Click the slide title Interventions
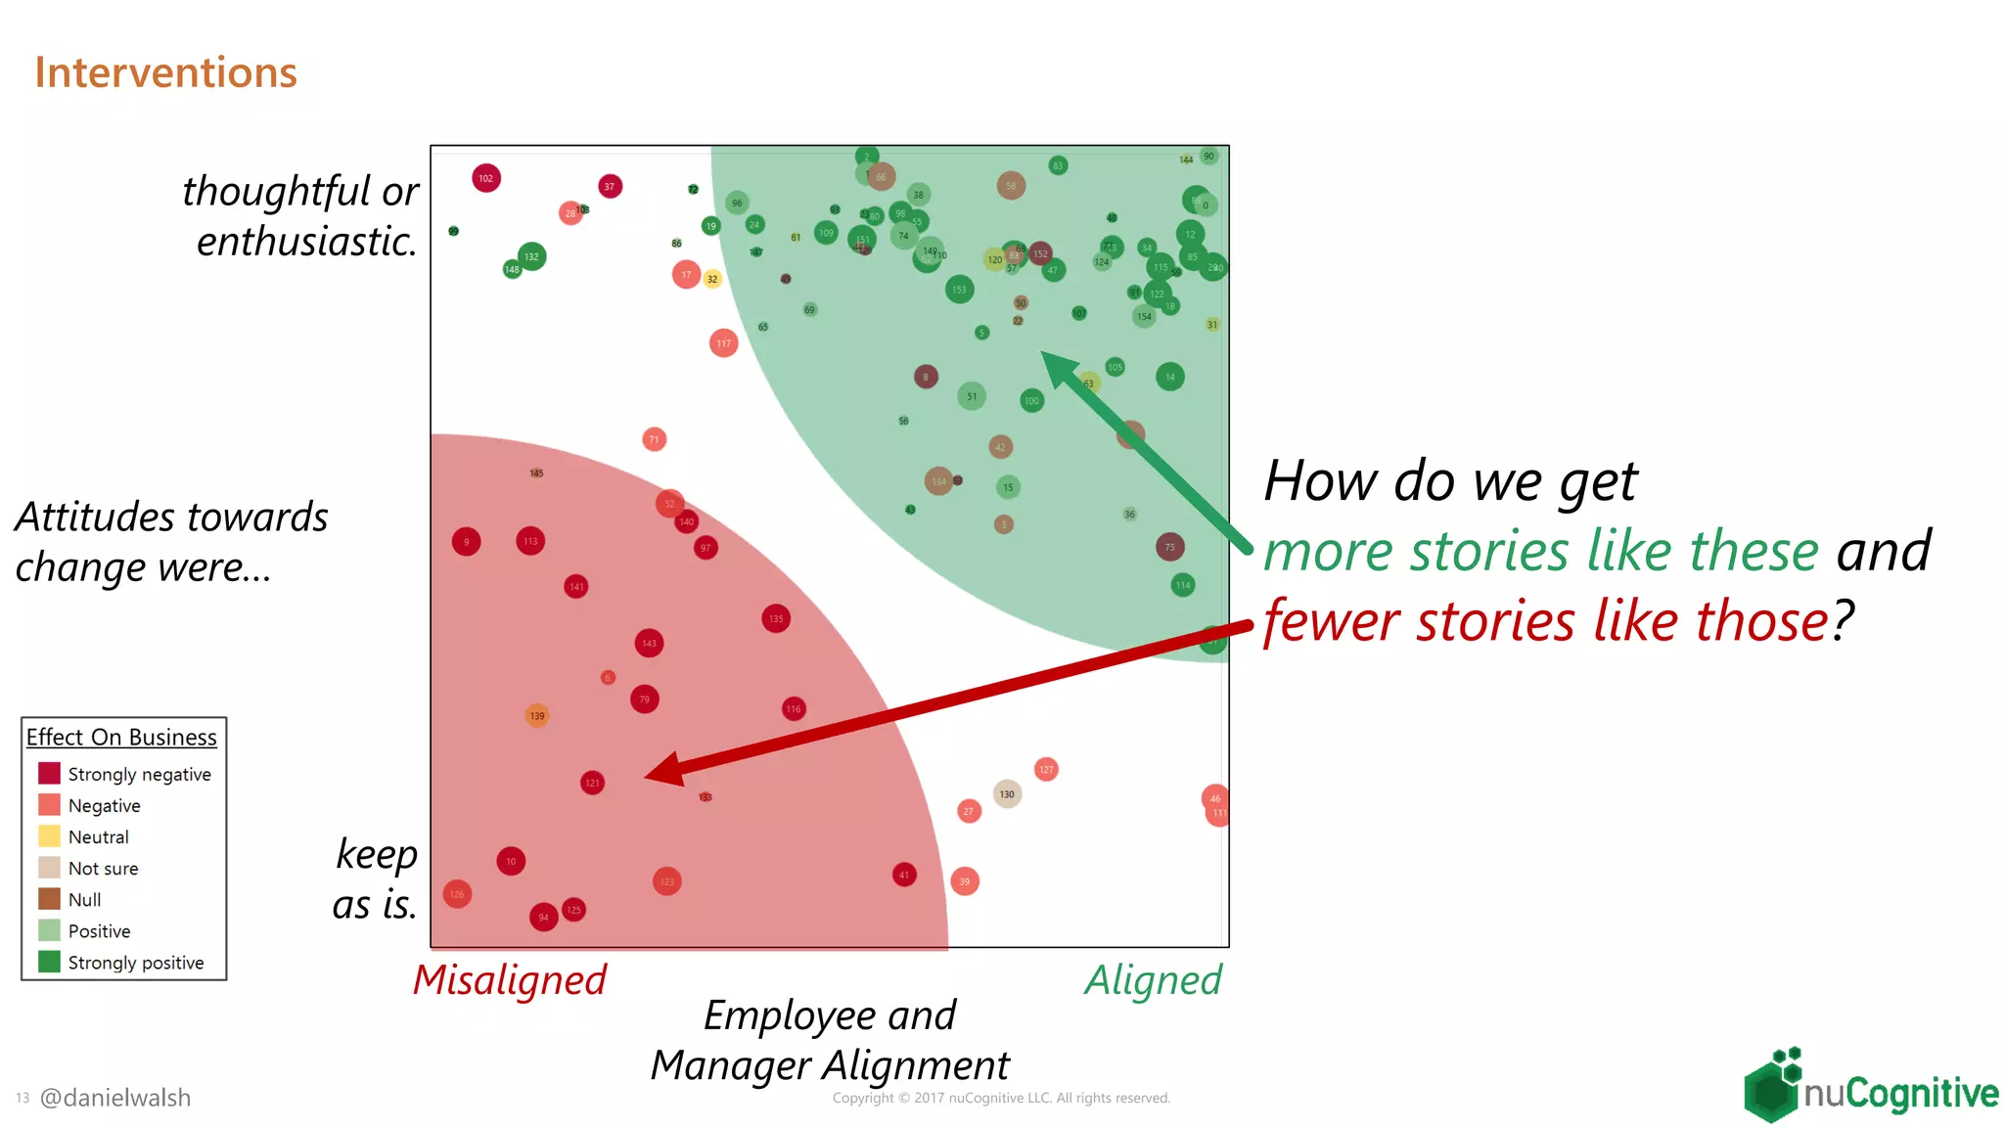[165, 73]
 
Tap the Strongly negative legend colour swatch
[49, 774]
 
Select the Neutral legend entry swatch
[49, 836]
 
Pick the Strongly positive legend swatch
[49, 962]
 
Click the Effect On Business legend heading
[121, 737]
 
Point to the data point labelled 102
[486, 178]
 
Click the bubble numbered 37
[610, 186]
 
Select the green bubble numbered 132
[531, 256]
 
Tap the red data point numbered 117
[723, 343]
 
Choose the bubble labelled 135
[776, 618]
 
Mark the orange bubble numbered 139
[537, 716]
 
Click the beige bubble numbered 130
[1007, 794]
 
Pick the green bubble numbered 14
[1170, 377]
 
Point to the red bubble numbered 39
[965, 881]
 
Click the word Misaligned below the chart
[510, 980]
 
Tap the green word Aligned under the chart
[1154, 980]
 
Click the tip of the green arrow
[1043, 353]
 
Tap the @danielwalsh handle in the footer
[115, 1098]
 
